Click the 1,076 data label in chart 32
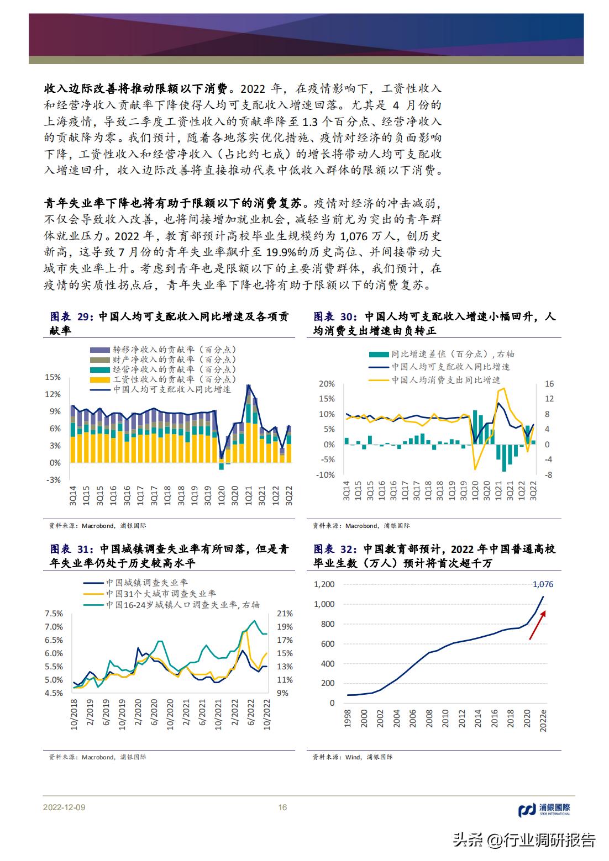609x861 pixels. pyautogui.click(x=543, y=584)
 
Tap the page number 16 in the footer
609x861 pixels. pyautogui.click(x=282, y=807)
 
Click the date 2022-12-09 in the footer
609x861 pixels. pyautogui.click(x=64, y=807)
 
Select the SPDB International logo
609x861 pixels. pyautogui.click(x=544, y=810)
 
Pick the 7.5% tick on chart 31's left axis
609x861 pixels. pyautogui.click(x=54, y=614)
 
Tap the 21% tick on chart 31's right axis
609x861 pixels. pyautogui.click(x=284, y=614)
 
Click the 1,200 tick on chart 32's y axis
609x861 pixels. pyautogui.click(x=324, y=584)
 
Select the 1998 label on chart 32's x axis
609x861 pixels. pyautogui.click(x=348, y=717)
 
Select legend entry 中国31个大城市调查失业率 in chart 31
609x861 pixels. pyautogui.click(x=160, y=594)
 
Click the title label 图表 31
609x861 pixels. pyautogui.click(x=70, y=550)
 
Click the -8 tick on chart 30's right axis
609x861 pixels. pyautogui.click(x=549, y=475)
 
